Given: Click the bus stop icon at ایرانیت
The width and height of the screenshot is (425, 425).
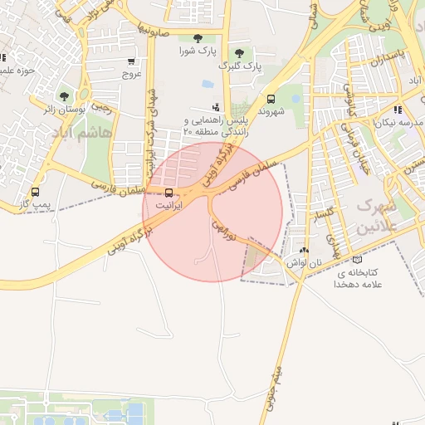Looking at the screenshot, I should click(x=169, y=192).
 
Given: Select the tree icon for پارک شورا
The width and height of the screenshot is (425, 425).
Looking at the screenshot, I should click(x=197, y=38).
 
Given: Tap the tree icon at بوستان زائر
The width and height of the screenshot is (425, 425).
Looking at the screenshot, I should click(x=65, y=96).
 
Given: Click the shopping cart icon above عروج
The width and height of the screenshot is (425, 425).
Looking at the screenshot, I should click(x=131, y=61).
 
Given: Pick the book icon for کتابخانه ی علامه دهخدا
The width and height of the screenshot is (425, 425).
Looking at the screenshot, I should click(x=358, y=260).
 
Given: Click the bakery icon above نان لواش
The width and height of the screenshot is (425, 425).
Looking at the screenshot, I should click(x=303, y=250).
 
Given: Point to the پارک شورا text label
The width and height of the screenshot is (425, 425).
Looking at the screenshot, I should click(x=198, y=51).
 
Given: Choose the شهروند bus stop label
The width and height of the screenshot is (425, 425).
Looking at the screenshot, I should click(x=271, y=110).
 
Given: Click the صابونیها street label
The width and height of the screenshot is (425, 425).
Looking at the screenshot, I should click(x=154, y=28).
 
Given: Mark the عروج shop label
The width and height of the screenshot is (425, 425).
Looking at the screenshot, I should click(x=132, y=73).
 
